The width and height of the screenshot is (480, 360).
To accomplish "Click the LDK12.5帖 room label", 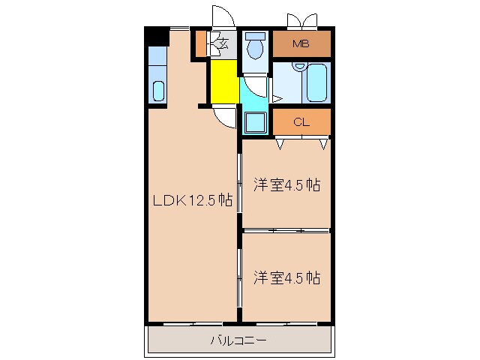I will (x=192, y=201).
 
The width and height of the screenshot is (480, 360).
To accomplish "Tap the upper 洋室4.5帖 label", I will (x=286, y=184).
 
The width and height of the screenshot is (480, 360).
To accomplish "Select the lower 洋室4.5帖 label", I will (x=286, y=277).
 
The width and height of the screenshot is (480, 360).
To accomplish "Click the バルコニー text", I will (x=238, y=341).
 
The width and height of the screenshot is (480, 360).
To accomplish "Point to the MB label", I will (x=301, y=43).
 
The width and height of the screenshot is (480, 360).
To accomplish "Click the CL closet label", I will (x=301, y=121).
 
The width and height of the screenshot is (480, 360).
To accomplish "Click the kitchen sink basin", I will (x=158, y=91).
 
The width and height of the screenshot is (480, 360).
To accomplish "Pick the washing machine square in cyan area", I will (x=254, y=122).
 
